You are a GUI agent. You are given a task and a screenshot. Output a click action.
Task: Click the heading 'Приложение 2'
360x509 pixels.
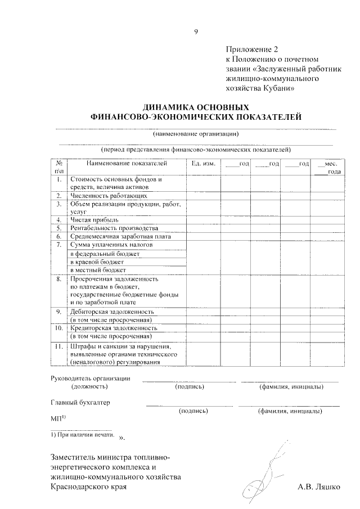coord(247,49)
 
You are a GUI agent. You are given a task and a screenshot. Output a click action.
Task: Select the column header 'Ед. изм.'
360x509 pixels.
coord(203,164)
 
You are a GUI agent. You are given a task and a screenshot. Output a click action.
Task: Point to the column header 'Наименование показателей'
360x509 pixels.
coord(127,164)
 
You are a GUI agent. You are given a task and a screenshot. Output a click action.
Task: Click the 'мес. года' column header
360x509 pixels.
coord(326,168)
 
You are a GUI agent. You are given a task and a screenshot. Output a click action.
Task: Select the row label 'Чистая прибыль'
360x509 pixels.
coord(94,220)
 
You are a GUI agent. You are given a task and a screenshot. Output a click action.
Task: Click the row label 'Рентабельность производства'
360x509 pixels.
coord(114,228)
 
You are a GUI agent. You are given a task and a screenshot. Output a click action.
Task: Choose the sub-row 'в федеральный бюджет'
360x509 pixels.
coord(104,254)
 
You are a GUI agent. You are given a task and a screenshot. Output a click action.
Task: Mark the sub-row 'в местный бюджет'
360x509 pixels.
coord(98,270)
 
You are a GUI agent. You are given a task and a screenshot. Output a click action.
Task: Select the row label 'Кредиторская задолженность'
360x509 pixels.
coord(112,328)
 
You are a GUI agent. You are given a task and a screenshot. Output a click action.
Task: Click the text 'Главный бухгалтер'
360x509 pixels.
coord(80,402)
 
